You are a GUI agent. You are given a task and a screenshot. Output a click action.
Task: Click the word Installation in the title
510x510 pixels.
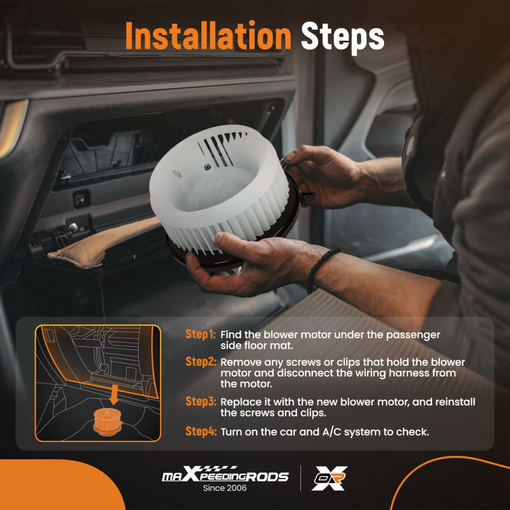click(x=208, y=36)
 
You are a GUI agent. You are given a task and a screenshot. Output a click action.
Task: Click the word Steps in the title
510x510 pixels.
click(x=343, y=37)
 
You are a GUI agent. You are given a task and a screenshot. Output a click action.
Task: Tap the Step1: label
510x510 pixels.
click(x=200, y=335)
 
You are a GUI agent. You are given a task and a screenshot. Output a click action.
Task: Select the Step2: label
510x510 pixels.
click(x=200, y=362)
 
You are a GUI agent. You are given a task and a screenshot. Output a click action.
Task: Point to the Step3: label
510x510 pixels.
click(x=200, y=401)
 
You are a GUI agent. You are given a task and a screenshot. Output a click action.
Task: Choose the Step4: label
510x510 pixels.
click(x=200, y=431)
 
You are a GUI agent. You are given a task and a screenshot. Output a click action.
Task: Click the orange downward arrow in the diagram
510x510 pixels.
click(x=114, y=395)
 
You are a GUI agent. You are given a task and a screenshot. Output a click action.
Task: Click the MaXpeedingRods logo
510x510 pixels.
click(x=225, y=474)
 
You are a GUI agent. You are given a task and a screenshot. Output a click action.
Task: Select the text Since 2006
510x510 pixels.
click(x=225, y=488)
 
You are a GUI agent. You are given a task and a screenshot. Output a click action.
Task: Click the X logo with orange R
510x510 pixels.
click(x=329, y=478)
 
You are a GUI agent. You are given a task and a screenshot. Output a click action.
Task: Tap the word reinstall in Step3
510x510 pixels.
click(x=455, y=402)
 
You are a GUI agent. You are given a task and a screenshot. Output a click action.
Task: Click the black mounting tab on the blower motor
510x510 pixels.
click(x=307, y=197)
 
